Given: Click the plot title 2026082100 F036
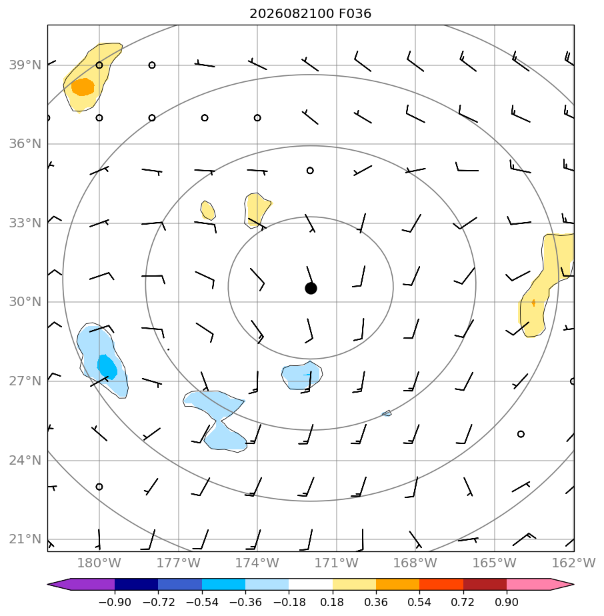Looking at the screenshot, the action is point(310,14).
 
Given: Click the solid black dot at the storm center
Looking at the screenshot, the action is point(311,289).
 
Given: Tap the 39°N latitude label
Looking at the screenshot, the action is point(25,65).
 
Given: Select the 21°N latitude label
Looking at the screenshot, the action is point(25,539).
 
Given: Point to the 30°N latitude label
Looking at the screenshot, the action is point(25,302).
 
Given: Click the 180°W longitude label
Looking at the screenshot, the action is point(99,563).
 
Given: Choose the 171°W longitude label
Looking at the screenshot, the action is point(337,563).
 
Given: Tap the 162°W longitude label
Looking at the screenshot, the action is point(574,563).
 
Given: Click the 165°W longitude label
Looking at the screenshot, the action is point(495,563).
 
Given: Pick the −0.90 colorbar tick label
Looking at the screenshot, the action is point(115,602).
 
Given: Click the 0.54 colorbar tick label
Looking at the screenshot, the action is point(420,602).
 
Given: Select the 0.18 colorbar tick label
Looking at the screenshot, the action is point(333,602).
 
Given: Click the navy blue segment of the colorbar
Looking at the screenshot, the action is point(137,584).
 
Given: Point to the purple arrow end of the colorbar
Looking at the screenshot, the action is point(59,584).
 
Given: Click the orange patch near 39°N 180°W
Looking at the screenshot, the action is point(83,87).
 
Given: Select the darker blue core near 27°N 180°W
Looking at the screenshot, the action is point(107,367).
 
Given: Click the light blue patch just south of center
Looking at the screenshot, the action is point(302,375).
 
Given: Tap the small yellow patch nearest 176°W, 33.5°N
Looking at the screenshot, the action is point(208,210).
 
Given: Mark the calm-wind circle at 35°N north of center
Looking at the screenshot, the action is point(310,171).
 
